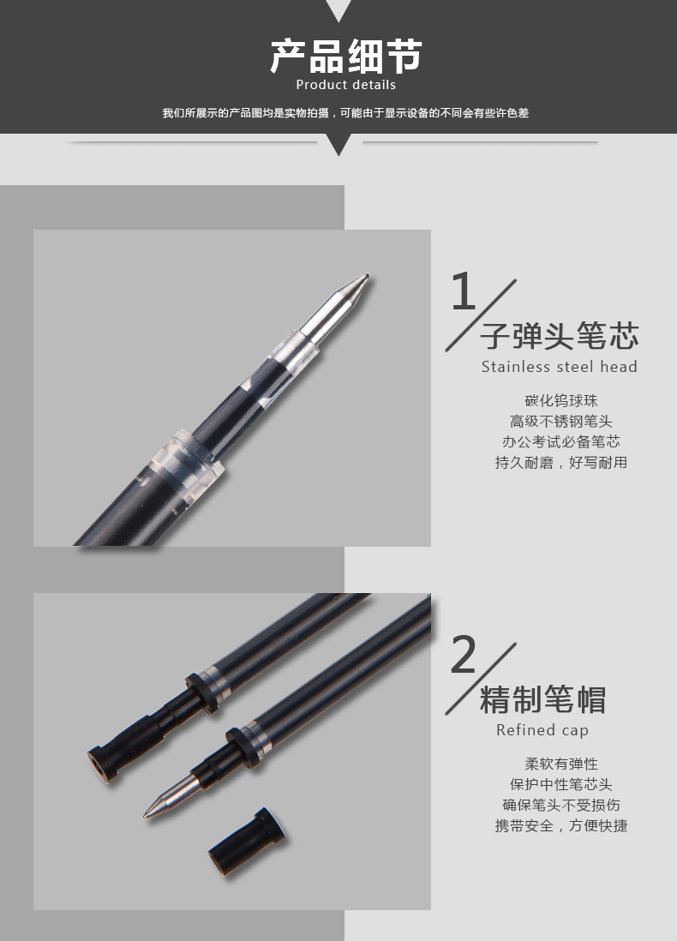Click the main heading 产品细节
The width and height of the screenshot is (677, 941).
point(345,56)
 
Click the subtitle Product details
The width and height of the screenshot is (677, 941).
point(345,85)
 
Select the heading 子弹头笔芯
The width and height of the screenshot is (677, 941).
point(560,335)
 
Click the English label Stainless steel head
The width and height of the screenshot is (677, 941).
point(560,367)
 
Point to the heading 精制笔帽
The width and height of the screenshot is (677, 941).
point(543,699)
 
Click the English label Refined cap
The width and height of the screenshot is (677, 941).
point(542,730)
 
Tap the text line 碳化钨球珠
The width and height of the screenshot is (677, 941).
point(561,401)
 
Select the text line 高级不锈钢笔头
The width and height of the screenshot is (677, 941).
point(561,422)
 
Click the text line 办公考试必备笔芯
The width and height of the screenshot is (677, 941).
point(561,441)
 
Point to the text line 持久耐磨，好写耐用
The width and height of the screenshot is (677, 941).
point(561,462)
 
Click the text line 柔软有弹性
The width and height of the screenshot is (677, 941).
point(561,764)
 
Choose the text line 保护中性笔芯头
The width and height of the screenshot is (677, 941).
point(561,784)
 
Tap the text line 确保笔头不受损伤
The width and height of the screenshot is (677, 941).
point(561,805)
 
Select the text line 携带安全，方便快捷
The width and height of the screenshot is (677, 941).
point(561,825)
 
